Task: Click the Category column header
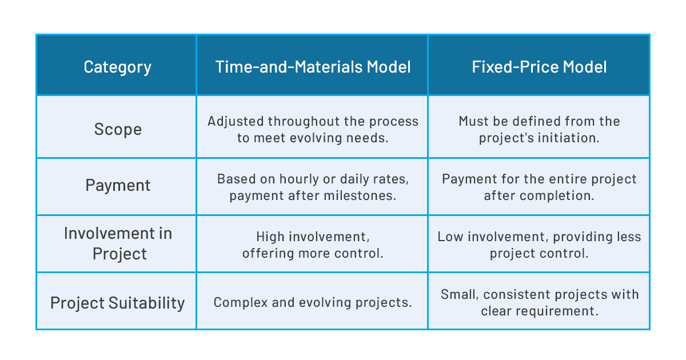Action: pos(117,67)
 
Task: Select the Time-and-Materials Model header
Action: pos(313,67)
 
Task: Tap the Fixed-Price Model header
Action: pos(539,67)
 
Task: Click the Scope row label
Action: pos(117,129)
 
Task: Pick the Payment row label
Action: pos(117,185)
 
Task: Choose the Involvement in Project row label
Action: pos(117,243)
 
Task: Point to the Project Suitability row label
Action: pos(117,302)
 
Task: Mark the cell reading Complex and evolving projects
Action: pos(313,302)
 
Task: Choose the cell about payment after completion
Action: pos(539,187)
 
